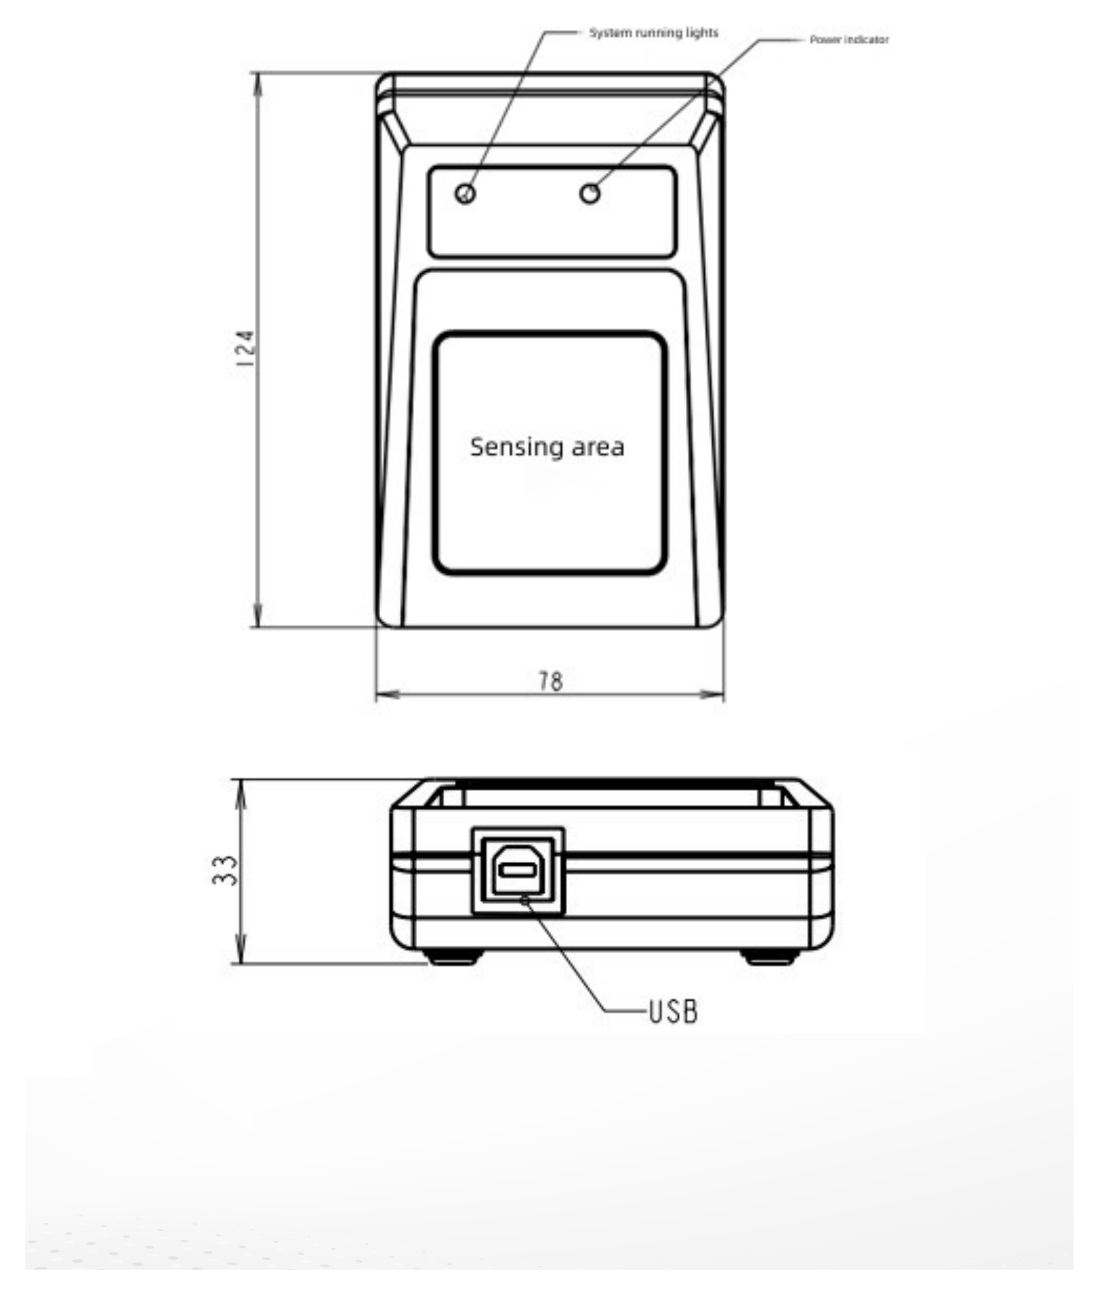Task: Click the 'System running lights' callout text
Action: pos(653,33)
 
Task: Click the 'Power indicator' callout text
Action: pos(849,39)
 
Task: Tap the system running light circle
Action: pos(466,193)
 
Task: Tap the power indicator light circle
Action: pos(590,193)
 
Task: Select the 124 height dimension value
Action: pos(244,348)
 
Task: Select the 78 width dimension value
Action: pos(551,681)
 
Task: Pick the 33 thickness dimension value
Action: pos(225,870)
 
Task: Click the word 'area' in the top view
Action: pos(598,448)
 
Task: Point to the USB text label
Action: pos(673,1012)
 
